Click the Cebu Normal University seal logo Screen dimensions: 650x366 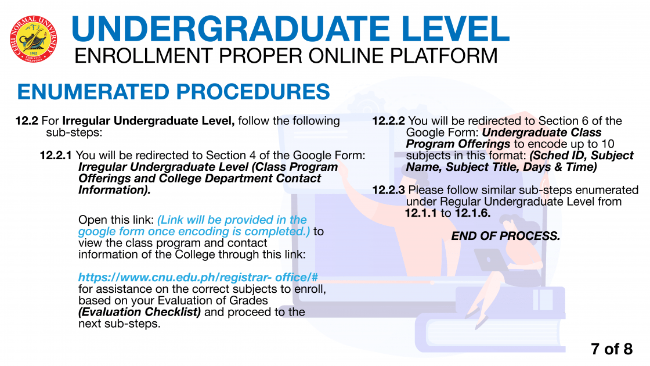33,40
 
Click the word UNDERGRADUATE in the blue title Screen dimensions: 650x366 230,29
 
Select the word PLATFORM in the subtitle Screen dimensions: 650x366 443,56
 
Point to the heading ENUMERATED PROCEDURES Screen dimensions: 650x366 174,92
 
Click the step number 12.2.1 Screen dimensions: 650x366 56,156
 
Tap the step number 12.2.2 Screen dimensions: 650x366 388,121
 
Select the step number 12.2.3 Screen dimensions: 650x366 388,190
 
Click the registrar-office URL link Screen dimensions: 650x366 198,277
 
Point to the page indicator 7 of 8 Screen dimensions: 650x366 612,349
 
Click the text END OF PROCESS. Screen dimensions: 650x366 505,236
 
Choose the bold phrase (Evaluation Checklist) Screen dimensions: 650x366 140,312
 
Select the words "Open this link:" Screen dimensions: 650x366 116,220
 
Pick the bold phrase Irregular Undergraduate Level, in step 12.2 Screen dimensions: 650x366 149,121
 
